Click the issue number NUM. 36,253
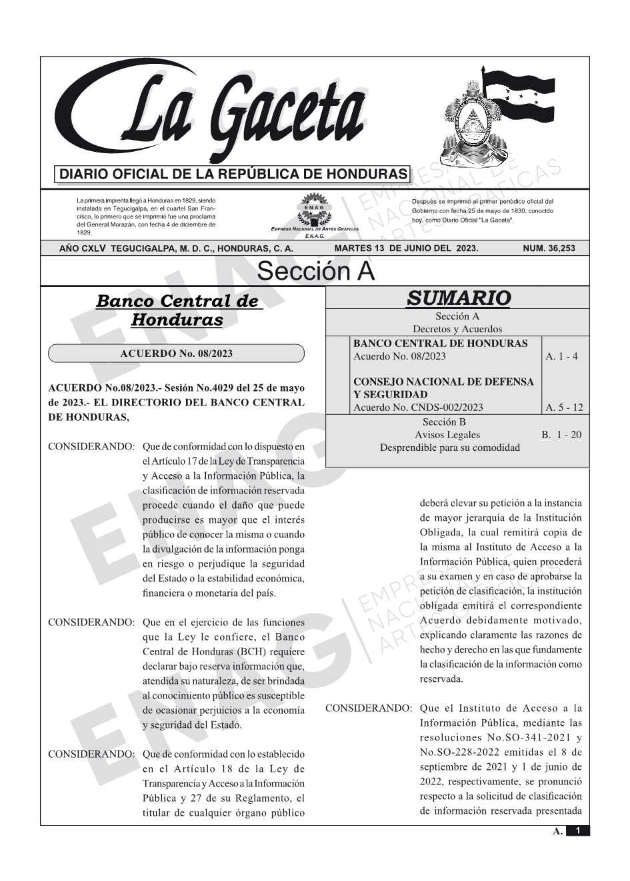[549, 248]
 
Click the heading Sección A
[315, 272]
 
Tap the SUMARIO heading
[458, 298]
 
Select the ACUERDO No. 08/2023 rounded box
[177, 353]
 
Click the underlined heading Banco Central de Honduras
[177, 310]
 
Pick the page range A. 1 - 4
[561, 356]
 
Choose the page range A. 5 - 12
[563, 408]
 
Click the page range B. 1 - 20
[561, 435]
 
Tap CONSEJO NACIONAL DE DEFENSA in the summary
[443, 382]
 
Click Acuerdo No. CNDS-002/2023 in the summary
[418, 408]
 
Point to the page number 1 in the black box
[578, 830]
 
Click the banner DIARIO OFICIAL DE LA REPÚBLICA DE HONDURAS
[233, 174]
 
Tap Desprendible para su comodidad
[449, 447]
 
